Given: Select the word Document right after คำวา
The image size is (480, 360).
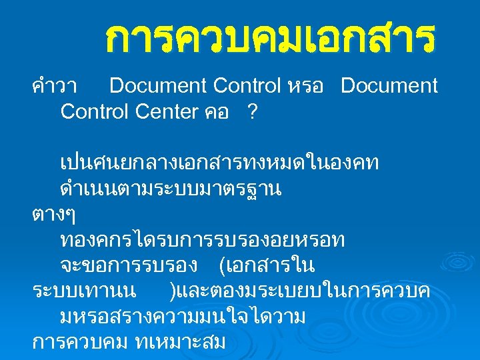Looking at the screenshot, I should pyautogui.click(x=158, y=86).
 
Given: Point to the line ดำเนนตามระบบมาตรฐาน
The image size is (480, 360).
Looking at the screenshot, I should pyautogui.click(x=171, y=189).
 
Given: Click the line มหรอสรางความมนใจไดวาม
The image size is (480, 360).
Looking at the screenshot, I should pyautogui.click(x=182, y=317).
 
